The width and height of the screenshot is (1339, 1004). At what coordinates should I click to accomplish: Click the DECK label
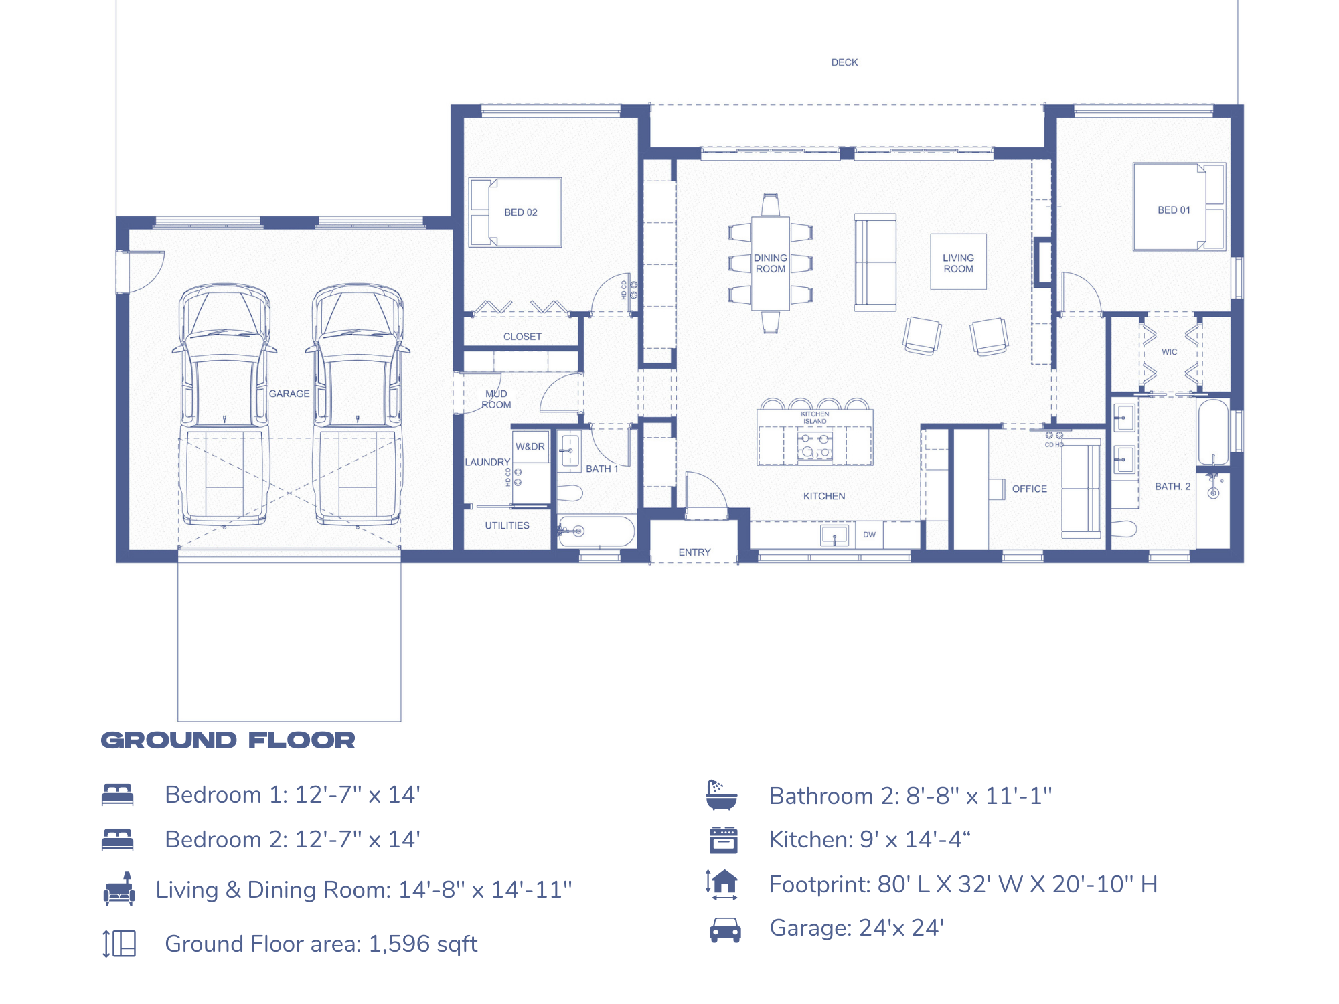coord(844,62)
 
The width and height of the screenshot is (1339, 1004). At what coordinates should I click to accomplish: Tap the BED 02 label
coord(520,212)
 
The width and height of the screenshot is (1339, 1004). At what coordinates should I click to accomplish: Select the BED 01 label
coord(1174,210)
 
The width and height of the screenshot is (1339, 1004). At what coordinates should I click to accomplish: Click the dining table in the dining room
coord(770,264)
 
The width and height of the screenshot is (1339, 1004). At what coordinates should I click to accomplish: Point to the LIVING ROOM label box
coord(958,262)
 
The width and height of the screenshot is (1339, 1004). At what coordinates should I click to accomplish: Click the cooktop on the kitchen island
coord(815,446)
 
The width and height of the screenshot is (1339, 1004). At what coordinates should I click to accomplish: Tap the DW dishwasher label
coord(869,535)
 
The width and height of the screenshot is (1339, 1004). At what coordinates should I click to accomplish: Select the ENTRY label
coord(694,552)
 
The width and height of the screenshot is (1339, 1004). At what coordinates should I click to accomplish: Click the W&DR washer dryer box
coord(530,447)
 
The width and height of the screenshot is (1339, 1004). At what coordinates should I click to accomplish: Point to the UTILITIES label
coord(507,526)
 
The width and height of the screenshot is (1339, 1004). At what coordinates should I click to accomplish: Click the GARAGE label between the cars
coord(289,394)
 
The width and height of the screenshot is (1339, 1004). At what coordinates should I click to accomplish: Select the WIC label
coord(1169,352)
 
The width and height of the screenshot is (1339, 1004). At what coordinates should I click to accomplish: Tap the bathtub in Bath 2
coord(1213,432)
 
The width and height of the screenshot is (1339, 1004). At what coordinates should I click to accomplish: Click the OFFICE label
coord(1029,489)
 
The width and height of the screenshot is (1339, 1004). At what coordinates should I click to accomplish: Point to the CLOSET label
coord(522,337)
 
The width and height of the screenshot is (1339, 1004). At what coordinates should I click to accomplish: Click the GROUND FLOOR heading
coord(228,740)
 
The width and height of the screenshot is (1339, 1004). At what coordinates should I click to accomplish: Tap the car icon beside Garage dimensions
coord(724,930)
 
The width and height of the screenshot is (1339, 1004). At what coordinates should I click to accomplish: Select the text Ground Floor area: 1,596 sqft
coord(321,944)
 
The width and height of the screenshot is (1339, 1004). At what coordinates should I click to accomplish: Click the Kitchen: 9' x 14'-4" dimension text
coord(869,839)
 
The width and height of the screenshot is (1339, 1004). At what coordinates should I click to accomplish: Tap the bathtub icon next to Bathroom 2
coord(722,794)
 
